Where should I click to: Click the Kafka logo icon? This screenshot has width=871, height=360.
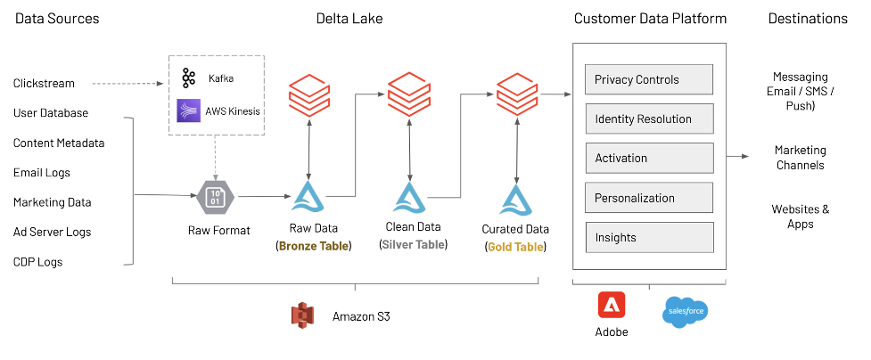coord(188,78)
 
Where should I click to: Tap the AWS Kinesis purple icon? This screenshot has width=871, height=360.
coord(189,111)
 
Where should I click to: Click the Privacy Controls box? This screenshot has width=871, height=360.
coord(648,79)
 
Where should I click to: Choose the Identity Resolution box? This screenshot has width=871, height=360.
coord(648,119)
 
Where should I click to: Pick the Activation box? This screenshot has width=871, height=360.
coord(648,158)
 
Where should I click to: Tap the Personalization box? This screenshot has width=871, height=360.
coord(648,198)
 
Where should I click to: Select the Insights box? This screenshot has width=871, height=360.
coord(648,237)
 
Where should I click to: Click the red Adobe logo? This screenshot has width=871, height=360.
coord(612,306)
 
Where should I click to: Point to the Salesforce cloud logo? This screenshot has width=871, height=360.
coord(686,312)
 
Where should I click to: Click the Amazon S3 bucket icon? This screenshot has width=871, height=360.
coord(304,315)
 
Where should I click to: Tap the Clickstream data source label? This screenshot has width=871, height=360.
coord(44,84)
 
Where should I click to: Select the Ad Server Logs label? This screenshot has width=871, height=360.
coord(52,233)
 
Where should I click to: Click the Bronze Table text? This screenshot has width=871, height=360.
coord(314,246)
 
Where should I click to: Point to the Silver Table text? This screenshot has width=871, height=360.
coord(414,245)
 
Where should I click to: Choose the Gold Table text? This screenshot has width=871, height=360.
coord(516,246)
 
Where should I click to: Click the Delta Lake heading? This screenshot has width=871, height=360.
coord(349,19)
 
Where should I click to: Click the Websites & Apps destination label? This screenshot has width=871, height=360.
coord(800,217)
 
